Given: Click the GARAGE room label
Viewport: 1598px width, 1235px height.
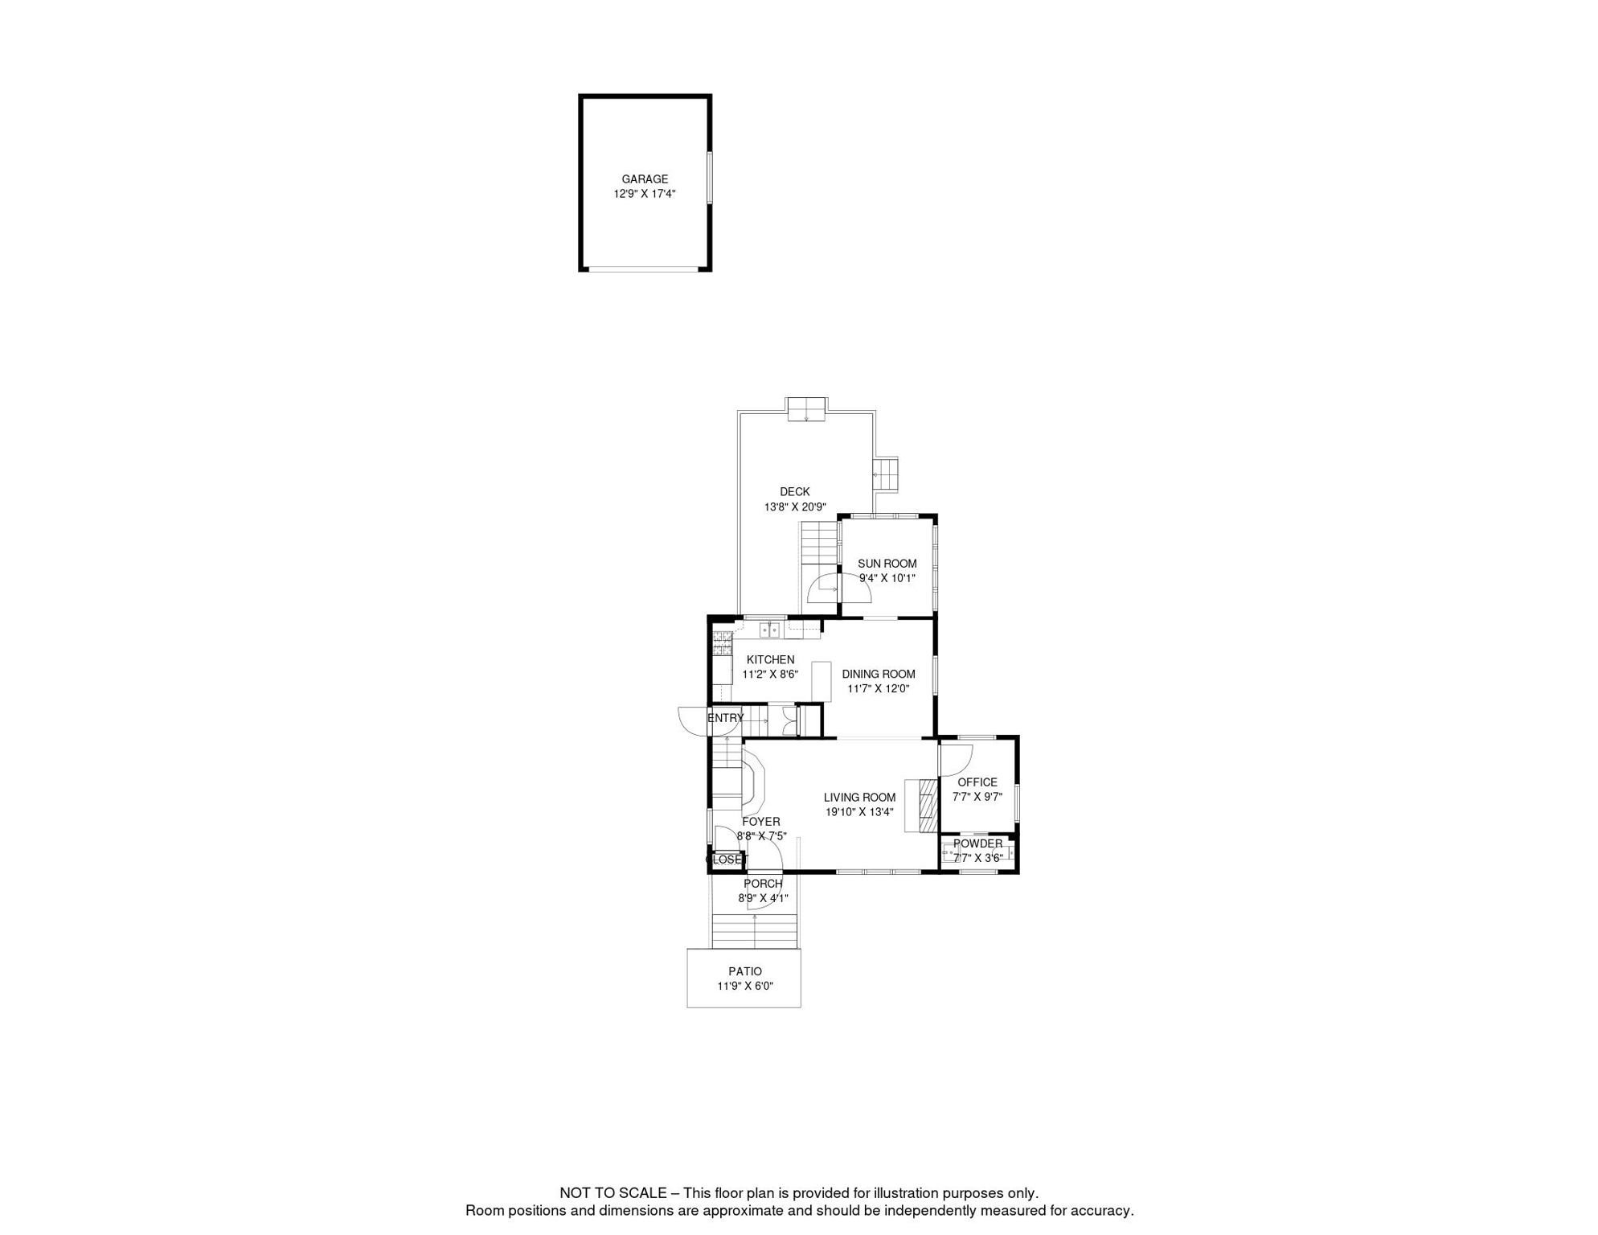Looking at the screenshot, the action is tap(645, 179).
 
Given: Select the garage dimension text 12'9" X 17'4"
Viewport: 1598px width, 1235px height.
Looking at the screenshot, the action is tap(645, 194).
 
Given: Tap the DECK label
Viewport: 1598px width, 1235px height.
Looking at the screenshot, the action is tap(795, 492).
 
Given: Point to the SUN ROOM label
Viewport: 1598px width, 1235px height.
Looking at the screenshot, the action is tap(887, 564).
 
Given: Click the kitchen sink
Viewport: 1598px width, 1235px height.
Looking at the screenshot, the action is tap(769, 629).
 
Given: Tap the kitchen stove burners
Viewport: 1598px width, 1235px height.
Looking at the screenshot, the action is tap(722, 642).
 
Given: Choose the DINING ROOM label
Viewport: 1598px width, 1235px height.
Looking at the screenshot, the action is tap(879, 674).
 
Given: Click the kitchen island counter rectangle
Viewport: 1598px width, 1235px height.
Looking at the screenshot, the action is tap(821, 681).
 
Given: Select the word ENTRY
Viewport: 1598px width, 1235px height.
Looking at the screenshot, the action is tap(726, 718).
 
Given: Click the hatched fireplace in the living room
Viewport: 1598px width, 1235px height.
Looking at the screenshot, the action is tap(928, 805).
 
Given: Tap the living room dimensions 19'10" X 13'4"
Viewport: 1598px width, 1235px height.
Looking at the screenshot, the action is tap(859, 812).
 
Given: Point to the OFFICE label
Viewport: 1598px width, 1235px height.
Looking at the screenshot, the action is tap(977, 782).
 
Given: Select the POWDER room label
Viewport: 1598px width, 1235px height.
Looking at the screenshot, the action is tap(978, 843).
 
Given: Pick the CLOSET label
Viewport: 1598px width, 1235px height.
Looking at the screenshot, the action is tap(727, 860).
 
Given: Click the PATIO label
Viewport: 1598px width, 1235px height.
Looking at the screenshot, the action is tap(745, 971).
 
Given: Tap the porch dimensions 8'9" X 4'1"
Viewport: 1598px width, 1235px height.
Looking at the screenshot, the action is tap(764, 898).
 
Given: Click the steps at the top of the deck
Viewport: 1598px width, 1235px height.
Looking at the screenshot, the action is tap(806, 408).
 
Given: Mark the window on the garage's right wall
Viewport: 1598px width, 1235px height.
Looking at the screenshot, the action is tap(709, 177).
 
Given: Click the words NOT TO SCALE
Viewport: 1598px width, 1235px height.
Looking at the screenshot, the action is tap(613, 1193).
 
